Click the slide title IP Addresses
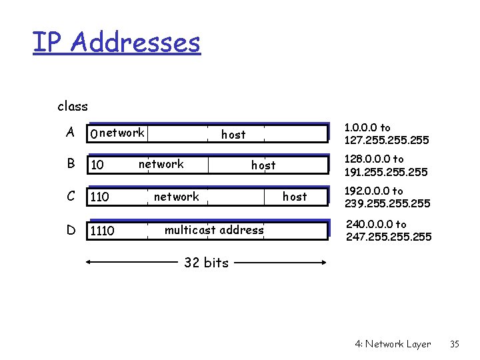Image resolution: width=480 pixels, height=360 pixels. pos(117,42)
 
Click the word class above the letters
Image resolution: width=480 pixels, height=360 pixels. pos(73,106)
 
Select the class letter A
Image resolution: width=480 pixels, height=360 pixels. pos(70,132)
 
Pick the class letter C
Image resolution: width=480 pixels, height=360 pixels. pos(70,197)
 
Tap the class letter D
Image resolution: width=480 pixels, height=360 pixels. pos(70,231)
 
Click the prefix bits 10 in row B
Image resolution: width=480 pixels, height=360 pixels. pos(97,165)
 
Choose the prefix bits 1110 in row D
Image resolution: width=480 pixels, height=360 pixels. pos(102,231)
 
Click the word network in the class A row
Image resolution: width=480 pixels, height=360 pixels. pos(122,133)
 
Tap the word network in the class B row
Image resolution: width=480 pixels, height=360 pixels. pos(161,163)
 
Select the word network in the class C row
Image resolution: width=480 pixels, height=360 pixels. pos(176,196)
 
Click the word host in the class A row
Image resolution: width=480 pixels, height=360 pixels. pos(233,134)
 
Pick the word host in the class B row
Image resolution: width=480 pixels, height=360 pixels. pos(263,165)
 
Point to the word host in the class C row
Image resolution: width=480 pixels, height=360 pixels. pos(295,196)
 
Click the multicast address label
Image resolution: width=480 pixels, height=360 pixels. pos(214,230)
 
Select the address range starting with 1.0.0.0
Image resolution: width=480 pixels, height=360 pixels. pos(386,133)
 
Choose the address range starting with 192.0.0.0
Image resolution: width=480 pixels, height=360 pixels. pos(387,197)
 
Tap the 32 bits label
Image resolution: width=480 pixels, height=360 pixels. pos(206,263)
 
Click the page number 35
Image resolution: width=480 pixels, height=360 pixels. pos(455,344)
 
